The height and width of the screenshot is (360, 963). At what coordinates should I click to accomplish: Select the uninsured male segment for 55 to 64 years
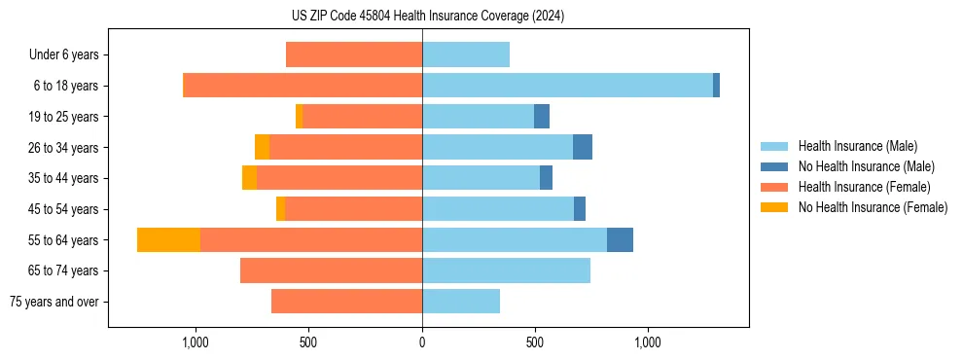(620, 239)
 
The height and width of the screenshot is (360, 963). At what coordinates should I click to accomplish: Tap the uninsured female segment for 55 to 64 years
(168, 239)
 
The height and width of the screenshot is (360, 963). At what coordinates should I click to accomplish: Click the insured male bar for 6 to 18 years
(567, 86)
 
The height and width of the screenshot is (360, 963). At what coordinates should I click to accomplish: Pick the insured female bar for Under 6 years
(354, 54)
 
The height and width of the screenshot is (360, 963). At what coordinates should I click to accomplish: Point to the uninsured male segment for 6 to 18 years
(716, 86)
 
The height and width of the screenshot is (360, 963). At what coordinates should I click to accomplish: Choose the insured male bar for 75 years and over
(461, 302)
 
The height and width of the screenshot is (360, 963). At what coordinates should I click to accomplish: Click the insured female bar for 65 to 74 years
(331, 270)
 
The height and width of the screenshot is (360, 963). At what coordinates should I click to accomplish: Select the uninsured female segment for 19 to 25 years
(299, 117)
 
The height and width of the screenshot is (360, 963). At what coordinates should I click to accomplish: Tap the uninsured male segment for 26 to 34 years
(583, 147)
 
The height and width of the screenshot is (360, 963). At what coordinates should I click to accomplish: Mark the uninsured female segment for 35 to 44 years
(250, 178)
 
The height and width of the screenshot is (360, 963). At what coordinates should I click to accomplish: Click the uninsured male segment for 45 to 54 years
(580, 209)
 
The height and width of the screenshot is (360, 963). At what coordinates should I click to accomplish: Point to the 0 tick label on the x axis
(422, 342)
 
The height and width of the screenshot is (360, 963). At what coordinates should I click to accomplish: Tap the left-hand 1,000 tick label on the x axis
(196, 342)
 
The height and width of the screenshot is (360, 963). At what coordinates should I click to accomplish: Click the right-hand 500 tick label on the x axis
(535, 342)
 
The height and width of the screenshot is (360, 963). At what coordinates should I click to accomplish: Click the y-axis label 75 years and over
(53, 302)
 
